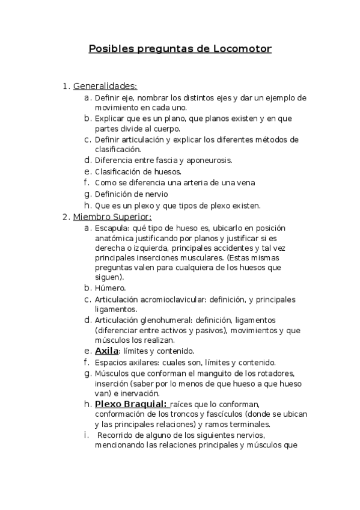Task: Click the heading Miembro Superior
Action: tap(112, 217)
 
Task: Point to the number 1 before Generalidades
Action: tap(65, 86)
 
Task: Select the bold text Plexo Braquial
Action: tap(130, 404)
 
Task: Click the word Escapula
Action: tap(111, 229)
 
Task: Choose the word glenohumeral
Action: tap(171, 321)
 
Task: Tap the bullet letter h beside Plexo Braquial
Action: tap(88, 404)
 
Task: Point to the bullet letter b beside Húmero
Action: tap(88, 288)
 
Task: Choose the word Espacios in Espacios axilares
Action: tap(112, 363)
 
